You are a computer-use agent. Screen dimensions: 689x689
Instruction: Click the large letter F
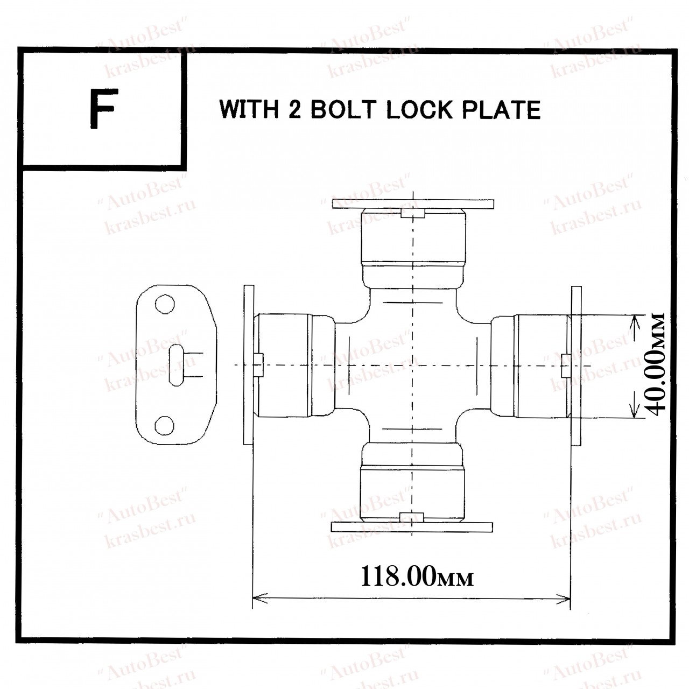(103, 109)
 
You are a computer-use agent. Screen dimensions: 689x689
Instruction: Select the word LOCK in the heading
(420, 110)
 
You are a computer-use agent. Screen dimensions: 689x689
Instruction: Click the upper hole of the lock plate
(165, 304)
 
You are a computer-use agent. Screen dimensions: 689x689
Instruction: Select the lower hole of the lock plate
(165, 426)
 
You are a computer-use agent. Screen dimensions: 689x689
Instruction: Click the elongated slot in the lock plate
(176, 365)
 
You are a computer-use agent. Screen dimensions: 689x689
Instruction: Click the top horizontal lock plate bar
(413, 205)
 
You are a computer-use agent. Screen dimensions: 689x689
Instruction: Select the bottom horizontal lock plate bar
(412, 526)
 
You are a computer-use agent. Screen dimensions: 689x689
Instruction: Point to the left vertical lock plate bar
(248, 365)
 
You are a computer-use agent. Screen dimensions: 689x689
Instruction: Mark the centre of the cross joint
(412, 365)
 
